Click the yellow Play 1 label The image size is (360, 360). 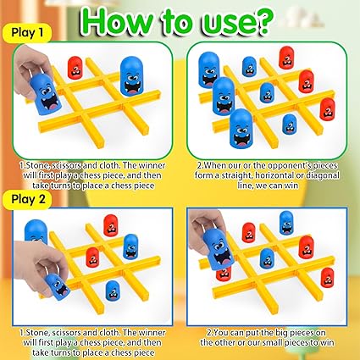[27, 33]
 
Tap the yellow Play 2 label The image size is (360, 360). [27, 199]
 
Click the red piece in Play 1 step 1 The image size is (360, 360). [75, 68]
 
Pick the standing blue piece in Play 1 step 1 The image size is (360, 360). [131, 76]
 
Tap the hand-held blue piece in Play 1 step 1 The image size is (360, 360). [46, 94]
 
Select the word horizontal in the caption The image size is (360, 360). [273, 175]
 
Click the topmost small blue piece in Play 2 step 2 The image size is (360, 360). [286, 223]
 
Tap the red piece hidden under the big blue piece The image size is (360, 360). [224, 274]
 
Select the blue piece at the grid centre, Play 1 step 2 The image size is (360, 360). [267, 93]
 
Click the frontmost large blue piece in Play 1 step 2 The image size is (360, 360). [241, 129]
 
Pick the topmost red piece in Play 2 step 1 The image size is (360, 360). [110, 225]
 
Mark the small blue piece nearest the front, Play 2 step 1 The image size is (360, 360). [113, 291]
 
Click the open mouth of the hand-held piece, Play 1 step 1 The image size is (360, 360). [52, 104]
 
